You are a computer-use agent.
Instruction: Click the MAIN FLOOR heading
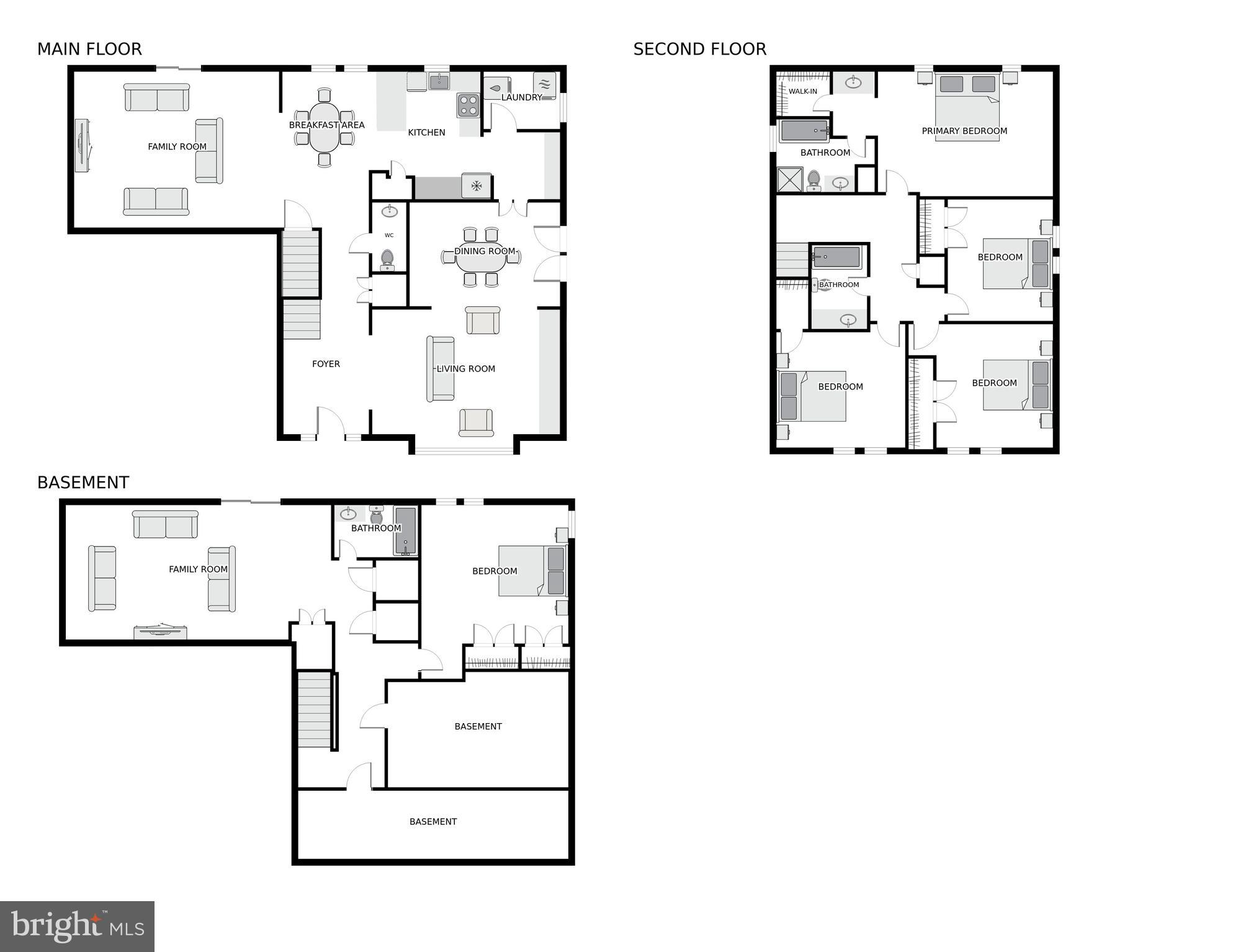(x=89, y=49)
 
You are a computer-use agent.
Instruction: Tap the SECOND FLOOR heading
(x=699, y=49)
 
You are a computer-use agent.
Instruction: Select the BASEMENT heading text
(x=83, y=483)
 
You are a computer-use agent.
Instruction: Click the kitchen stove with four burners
(x=469, y=105)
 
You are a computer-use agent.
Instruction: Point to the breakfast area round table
(x=324, y=127)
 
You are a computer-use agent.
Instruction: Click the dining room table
(x=480, y=257)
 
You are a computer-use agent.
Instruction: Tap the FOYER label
(x=326, y=364)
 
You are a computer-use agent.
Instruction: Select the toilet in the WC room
(x=387, y=259)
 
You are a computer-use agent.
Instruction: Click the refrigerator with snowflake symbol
(x=477, y=185)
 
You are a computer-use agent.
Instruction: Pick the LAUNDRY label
(x=521, y=97)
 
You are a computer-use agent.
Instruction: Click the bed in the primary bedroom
(x=967, y=107)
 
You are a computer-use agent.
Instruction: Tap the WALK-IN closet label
(x=802, y=91)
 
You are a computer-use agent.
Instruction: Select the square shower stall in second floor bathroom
(x=790, y=179)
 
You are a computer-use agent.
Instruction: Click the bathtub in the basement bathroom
(x=405, y=531)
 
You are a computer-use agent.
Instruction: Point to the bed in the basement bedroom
(x=532, y=571)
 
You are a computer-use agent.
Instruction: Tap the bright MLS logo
(x=77, y=927)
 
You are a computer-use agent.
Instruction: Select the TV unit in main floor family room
(x=82, y=146)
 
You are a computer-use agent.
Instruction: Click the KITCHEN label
(x=426, y=132)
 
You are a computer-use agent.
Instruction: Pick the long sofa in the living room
(x=440, y=368)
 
